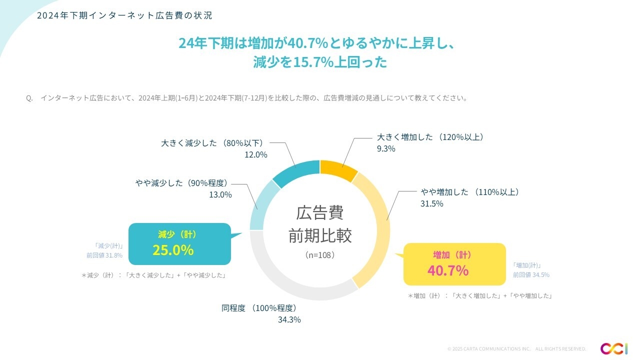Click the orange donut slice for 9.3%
point(338,168)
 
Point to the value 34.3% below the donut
point(289,319)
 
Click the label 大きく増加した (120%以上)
point(429,137)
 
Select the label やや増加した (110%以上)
point(469,192)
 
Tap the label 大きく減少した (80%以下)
point(212,143)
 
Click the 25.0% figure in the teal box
point(173,250)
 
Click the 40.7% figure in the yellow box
point(447,270)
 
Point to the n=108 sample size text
point(319,255)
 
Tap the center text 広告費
point(319,213)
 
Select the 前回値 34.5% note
point(531,274)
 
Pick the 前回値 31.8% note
point(104,255)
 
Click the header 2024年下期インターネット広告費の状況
point(125,15)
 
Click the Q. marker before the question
point(29,98)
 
